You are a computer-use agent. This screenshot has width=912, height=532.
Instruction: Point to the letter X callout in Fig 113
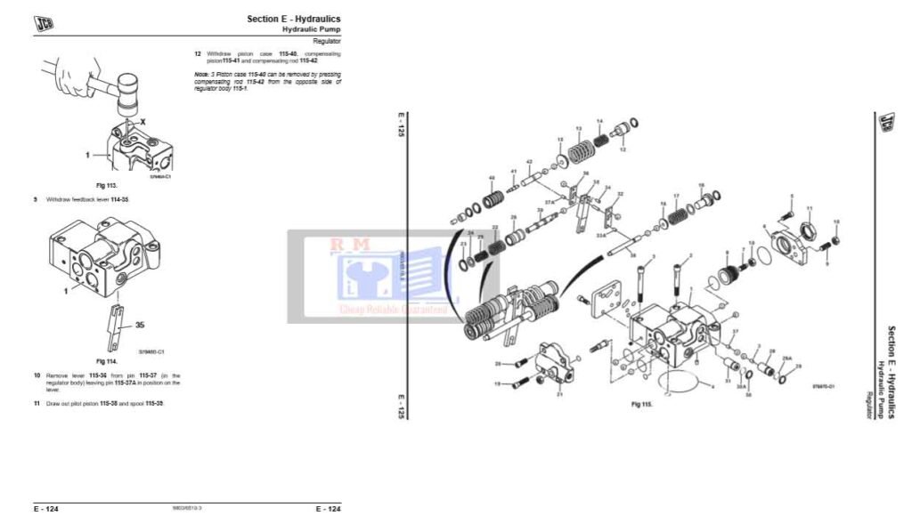(x=142, y=119)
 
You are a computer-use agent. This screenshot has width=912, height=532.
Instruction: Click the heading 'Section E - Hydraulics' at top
(x=293, y=19)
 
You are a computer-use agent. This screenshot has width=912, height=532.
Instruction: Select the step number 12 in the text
(x=197, y=53)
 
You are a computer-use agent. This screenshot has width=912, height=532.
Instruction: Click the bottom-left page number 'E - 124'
(x=46, y=509)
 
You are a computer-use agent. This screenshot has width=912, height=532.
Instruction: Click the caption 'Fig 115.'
(x=642, y=405)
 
